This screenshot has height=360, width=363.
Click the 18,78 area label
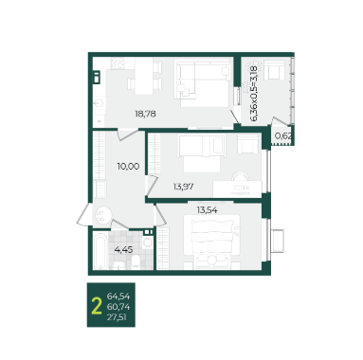145,114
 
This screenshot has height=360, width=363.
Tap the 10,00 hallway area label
128,166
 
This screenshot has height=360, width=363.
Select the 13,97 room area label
183,187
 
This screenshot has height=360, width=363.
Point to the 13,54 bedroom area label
207,210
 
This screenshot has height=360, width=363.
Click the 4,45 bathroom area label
123,250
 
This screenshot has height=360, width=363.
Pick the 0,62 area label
283,136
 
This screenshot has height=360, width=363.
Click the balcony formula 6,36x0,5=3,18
254,94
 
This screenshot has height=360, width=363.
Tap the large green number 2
97,307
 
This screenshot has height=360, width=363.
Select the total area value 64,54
118,297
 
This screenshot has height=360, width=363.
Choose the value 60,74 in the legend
118,307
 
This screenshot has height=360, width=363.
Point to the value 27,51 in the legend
117,317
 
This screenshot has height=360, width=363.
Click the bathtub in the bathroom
100,251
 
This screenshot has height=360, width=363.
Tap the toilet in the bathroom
136,262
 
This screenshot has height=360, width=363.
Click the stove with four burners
118,63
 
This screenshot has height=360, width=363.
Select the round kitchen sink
100,103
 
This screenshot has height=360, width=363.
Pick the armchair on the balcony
274,70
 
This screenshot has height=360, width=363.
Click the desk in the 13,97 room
237,189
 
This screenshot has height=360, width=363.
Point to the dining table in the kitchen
144,76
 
